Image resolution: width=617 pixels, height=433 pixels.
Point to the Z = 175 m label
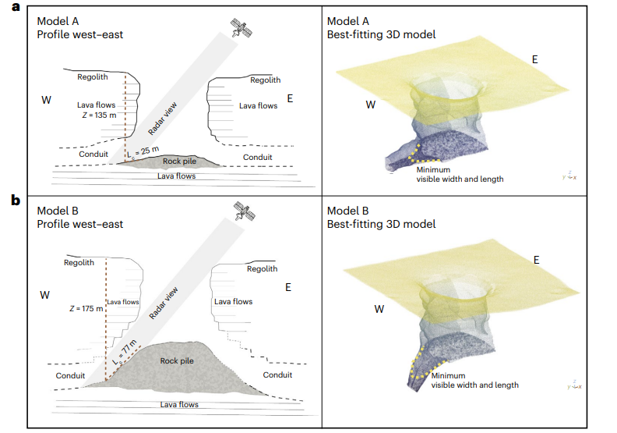(85, 309)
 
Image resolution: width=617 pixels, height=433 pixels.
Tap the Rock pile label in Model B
(177, 360)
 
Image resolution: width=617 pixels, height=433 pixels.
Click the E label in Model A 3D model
(534, 59)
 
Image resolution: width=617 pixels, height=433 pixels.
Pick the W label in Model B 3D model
(379, 309)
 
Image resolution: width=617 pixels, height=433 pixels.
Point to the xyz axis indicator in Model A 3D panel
(570, 177)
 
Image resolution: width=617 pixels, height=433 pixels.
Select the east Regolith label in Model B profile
(262, 269)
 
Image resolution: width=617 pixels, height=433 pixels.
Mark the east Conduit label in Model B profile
(277, 375)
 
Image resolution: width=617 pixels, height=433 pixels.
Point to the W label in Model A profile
(47, 100)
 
